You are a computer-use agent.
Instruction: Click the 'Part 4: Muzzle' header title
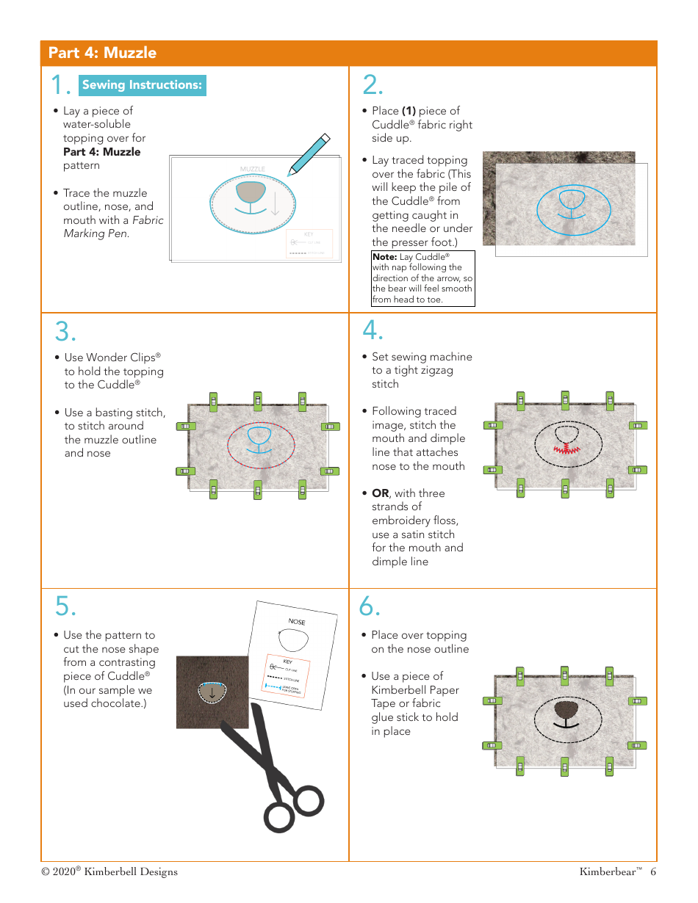[102, 53]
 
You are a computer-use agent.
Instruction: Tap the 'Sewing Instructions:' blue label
[142, 85]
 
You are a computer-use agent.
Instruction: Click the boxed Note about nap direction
[422, 278]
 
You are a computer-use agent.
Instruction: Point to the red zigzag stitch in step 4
[564, 449]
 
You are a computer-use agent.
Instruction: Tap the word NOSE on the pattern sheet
[297, 622]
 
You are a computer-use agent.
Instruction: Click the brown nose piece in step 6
[564, 710]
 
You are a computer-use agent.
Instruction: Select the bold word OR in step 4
[380, 493]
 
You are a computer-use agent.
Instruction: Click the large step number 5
[65, 606]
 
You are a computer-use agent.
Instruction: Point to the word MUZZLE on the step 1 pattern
[252, 169]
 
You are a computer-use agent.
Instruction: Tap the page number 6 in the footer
[652, 872]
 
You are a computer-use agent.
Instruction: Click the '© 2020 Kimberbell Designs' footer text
[109, 872]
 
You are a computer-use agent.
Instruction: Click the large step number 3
[65, 332]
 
